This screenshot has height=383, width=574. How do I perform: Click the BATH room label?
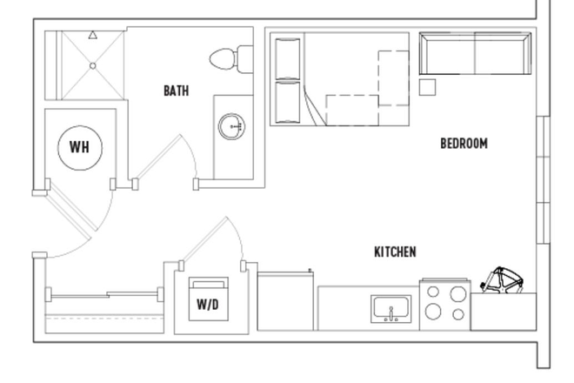[x=176, y=91]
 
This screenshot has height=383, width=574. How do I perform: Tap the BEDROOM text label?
[x=464, y=144]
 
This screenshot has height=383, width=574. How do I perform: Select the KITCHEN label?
[x=395, y=252]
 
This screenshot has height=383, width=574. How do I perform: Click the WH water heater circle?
[x=79, y=147]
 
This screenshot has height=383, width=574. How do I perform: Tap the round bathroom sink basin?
[x=233, y=127]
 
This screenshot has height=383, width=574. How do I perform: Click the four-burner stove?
[x=444, y=304]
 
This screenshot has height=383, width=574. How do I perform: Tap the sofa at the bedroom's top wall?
[x=475, y=54]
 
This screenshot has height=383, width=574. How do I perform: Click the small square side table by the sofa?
[x=427, y=86]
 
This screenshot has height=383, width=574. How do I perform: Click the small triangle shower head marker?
[x=92, y=36]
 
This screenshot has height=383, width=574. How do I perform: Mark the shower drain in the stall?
[x=92, y=65]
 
